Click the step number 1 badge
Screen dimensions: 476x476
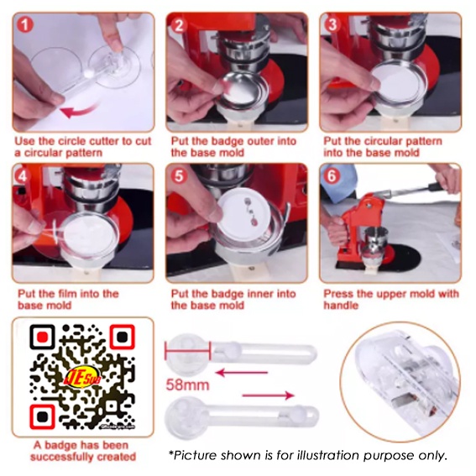click(x=25, y=25)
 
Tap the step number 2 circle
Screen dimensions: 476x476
click(x=179, y=25)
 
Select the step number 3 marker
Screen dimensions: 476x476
click(x=332, y=24)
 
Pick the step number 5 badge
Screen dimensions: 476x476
click(x=179, y=176)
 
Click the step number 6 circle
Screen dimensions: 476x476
click(x=332, y=176)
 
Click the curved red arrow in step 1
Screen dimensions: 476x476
click(x=80, y=112)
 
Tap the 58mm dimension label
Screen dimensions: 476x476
click(x=187, y=385)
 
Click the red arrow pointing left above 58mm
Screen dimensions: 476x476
click(x=242, y=373)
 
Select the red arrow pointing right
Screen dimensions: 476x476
click(x=269, y=395)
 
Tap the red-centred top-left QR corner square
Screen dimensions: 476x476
click(x=43, y=337)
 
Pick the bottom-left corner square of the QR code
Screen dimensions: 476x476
click(x=43, y=416)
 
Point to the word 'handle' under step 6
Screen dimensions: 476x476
click(x=341, y=306)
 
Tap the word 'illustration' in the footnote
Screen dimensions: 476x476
click(x=329, y=455)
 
